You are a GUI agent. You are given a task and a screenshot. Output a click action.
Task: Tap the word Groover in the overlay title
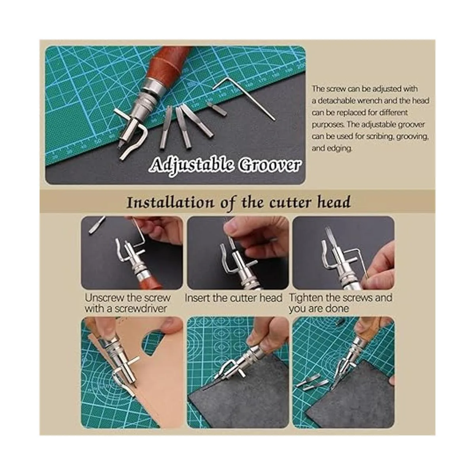tap(270, 165)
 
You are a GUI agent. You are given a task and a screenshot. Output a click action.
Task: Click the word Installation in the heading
tap(170, 203)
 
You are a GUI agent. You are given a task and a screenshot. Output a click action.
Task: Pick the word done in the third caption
tap(338, 309)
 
